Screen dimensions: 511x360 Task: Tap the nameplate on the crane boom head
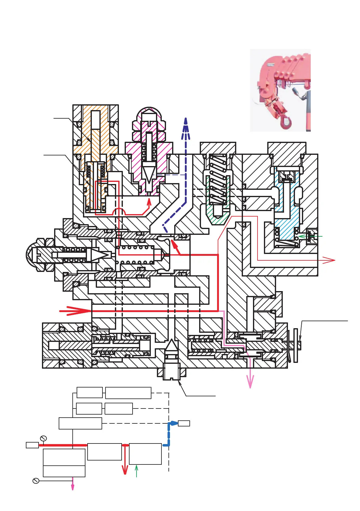tap(272, 64)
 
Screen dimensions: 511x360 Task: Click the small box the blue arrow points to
tap(184, 423)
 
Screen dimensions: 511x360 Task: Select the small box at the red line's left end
tap(32, 445)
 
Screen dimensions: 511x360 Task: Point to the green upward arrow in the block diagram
tap(137, 470)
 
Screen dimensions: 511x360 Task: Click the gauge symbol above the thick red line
tap(43, 438)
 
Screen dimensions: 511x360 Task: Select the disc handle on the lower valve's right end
tap(296, 346)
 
